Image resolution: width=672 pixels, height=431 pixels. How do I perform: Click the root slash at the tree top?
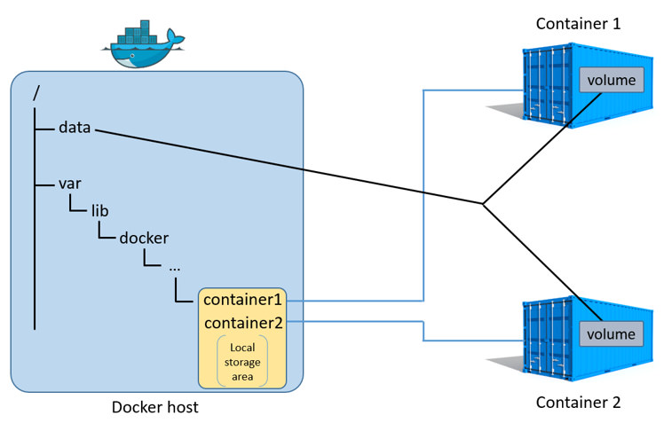coord(36,91)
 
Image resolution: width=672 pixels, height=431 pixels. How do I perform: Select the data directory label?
coord(75,128)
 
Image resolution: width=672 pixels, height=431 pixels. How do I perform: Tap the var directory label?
coord(70,184)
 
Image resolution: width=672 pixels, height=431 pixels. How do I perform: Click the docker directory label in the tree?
coord(144,238)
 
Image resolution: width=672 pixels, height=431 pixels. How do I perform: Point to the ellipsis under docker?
coord(174,265)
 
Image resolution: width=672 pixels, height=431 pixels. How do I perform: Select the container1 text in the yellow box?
coord(242,300)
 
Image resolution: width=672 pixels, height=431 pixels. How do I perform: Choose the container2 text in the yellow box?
coord(242,323)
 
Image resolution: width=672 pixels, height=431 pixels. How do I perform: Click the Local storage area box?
coord(242,363)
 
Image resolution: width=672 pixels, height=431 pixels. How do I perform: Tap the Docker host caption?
coord(155,407)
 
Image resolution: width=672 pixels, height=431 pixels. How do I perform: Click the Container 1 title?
coord(578,23)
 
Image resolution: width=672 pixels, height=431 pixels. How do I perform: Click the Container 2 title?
coord(578,403)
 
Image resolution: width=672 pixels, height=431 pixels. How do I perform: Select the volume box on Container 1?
coord(611,80)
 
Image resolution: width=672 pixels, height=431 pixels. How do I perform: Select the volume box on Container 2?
coord(611,333)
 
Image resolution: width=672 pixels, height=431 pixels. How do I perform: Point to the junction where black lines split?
coord(483,205)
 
